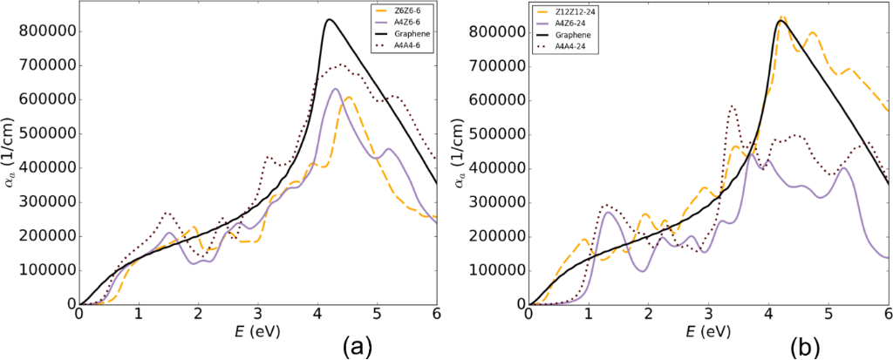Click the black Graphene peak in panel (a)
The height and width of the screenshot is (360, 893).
click(328, 19)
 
